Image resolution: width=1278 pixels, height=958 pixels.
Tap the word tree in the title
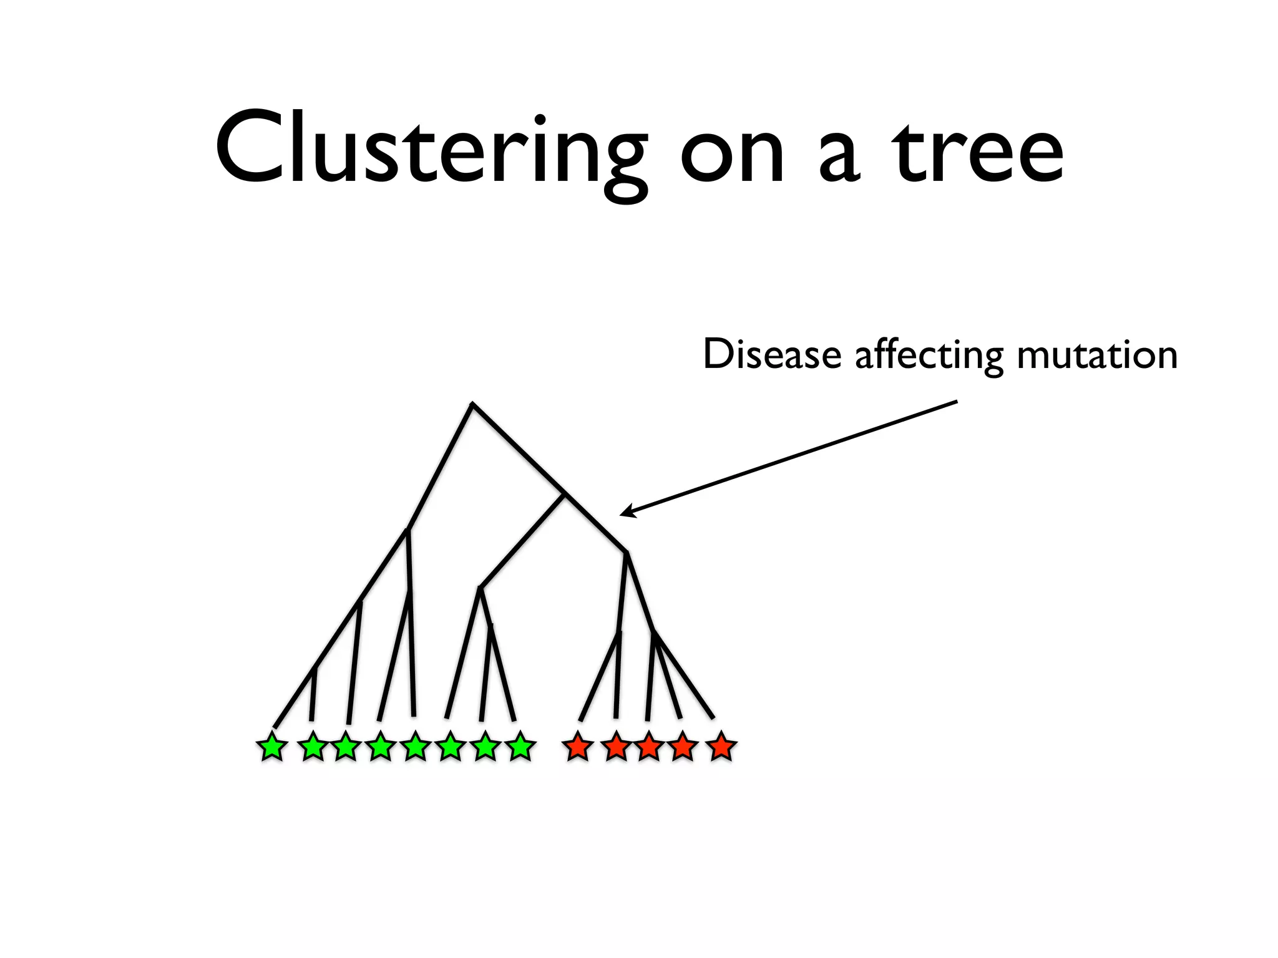977,153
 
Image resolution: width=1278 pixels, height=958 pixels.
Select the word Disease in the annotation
772,354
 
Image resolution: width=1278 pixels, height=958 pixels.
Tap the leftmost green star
272,747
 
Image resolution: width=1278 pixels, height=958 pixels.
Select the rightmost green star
520,747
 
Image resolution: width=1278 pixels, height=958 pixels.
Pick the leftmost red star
578,747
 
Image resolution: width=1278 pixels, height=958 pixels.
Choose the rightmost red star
721,747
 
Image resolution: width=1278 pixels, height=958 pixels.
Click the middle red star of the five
649,747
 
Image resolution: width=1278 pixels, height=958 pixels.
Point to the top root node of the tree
472,405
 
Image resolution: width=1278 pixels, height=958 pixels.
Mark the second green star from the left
313,747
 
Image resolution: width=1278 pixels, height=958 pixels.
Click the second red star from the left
617,747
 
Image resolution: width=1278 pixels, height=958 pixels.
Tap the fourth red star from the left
683,747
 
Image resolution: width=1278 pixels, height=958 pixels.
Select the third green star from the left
346,747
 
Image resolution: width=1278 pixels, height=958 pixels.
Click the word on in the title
732,153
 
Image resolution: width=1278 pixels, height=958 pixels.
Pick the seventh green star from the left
485,747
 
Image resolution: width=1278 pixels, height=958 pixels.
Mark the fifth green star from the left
416,747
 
